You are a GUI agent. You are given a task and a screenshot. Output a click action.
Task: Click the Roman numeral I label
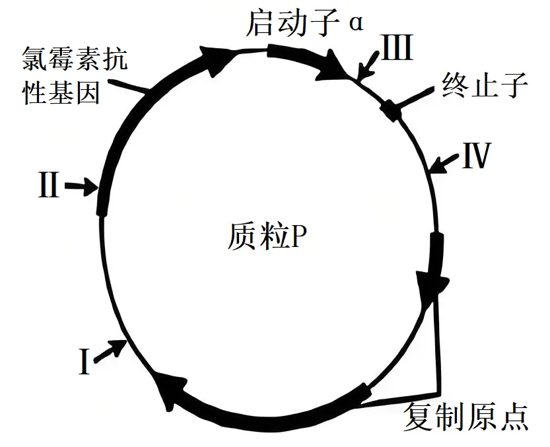[84, 363]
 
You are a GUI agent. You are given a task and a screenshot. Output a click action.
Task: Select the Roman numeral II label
[48, 186]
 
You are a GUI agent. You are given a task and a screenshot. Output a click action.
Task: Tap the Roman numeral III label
[397, 48]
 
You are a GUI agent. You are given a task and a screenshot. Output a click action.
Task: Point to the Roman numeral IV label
[475, 156]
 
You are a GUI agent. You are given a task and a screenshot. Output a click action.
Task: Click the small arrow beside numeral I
[110, 350]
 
